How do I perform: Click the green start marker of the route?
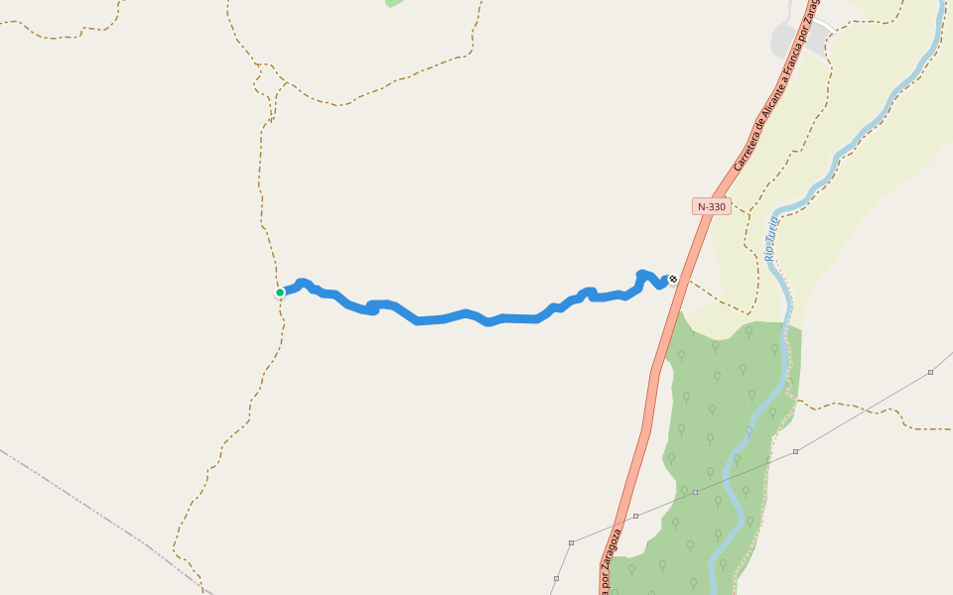(280, 293)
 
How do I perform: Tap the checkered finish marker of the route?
(673, 279)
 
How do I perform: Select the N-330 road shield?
(711, 206)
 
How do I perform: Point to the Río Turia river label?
(770, 238)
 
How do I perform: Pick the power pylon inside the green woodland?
(696, 492)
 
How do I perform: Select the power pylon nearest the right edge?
(930, 372)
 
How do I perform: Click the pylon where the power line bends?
(572, 542)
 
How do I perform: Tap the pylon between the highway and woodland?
(635, 516)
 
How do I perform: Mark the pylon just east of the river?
(795, 451)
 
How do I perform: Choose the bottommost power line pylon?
(556, 578)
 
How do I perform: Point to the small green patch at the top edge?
(394, 3)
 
